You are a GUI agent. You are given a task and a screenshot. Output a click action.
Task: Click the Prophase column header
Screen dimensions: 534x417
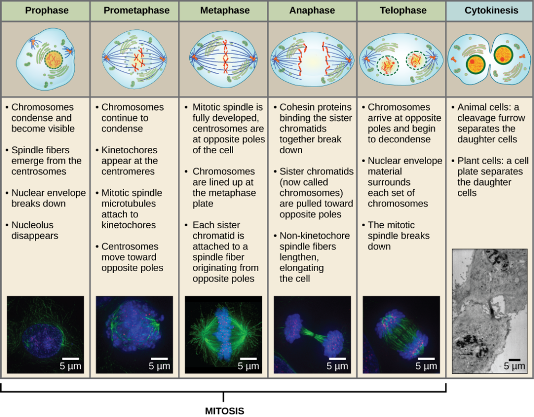coord(46,10)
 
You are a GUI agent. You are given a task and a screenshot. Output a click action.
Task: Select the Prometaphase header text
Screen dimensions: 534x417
coord(137,10)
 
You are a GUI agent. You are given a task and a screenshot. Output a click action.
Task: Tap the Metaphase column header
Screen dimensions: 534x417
coord(225,10)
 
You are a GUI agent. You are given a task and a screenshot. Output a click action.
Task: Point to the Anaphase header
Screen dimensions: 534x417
coord(312,10)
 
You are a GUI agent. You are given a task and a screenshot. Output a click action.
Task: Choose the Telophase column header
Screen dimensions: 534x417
coord(403,10)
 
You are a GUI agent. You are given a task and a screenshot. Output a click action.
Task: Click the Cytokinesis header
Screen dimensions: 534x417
coord(491,10)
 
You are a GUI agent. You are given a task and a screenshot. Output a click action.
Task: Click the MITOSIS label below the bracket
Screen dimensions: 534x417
coord(224,411)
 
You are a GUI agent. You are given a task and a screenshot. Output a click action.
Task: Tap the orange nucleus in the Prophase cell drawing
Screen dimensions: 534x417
coord(54,60)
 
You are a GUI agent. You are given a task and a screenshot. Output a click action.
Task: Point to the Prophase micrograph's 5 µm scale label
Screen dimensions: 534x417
coord(70,366)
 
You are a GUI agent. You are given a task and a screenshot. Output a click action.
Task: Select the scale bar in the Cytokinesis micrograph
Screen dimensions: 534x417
coord(514,360)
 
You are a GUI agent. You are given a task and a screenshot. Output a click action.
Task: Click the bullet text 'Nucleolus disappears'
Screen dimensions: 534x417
coord(35,230)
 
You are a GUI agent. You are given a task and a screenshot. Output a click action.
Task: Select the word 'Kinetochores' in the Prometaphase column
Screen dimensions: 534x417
coord(129,150)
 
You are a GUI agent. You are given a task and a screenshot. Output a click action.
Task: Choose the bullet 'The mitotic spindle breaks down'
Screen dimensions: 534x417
coord(398,236)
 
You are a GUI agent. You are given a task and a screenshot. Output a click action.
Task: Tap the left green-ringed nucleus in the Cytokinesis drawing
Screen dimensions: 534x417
coord(476,64)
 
